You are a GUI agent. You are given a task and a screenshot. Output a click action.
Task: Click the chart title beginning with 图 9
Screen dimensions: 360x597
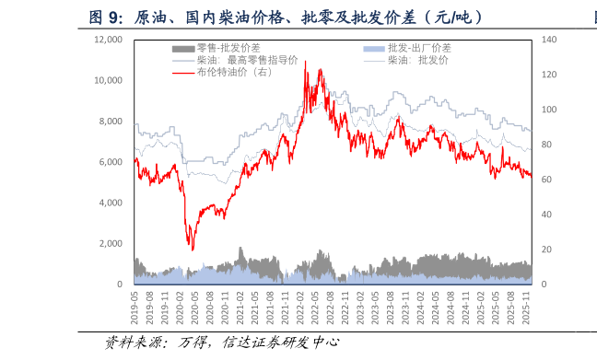coord(286,17)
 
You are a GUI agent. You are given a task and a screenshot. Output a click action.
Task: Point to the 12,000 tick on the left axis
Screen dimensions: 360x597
coord(108,40)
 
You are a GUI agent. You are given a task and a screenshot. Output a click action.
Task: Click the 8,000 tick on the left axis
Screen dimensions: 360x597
coord(111,122)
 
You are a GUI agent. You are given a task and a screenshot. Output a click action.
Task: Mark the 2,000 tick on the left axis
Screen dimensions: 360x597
coord(111,244)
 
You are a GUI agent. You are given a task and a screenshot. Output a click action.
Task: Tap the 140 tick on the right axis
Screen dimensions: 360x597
coord(549,40)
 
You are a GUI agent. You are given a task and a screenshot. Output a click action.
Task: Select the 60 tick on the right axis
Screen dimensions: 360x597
coord(546,180)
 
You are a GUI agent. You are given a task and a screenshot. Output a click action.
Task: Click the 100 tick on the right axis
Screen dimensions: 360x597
coord(549,110)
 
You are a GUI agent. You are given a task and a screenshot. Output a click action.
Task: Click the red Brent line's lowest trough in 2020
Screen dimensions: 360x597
coord(192,250)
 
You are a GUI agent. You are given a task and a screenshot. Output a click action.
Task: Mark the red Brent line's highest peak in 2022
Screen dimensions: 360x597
coord(305,62)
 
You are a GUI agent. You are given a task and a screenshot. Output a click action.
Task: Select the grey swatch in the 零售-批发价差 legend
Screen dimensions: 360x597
coord(183,47)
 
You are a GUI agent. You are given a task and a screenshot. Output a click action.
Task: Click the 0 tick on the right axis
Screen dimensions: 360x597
coord(543,285)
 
